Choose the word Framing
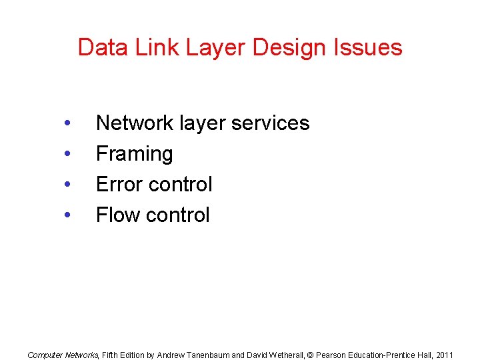tap(135, 154)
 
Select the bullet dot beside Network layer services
tap(66, 124)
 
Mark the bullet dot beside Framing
tap(66, 155)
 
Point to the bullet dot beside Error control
tap(66, 185)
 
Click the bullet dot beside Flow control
tap(66, 216)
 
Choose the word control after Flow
tap(179, 215)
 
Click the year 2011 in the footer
tap(443, 355)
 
